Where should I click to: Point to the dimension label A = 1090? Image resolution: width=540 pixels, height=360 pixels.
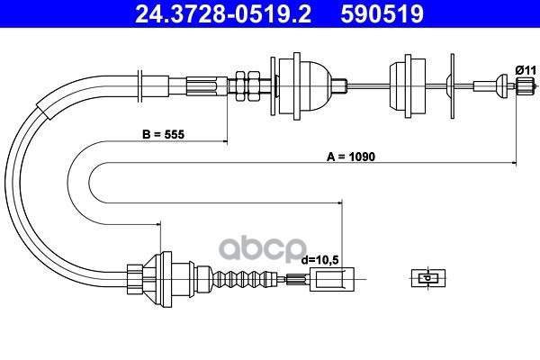click(350, 155)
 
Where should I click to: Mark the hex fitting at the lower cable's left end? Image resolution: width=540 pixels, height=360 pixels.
click(133, 276)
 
